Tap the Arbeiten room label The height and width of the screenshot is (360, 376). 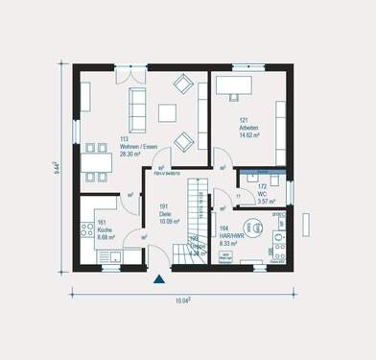(226, 130)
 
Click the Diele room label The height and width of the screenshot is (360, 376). (166, 213)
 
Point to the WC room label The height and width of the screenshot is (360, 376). (263, 195)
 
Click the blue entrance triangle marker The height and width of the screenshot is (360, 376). (159, 279)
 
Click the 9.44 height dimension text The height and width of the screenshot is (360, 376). (57, 170)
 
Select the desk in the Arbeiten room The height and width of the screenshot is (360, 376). (233, 86)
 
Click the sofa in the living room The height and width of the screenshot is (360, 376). (138, 100)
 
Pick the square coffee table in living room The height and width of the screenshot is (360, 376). (167, 112)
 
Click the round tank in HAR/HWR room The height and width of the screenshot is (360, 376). (254, 228)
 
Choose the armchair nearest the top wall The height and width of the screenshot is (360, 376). (182, 84)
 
